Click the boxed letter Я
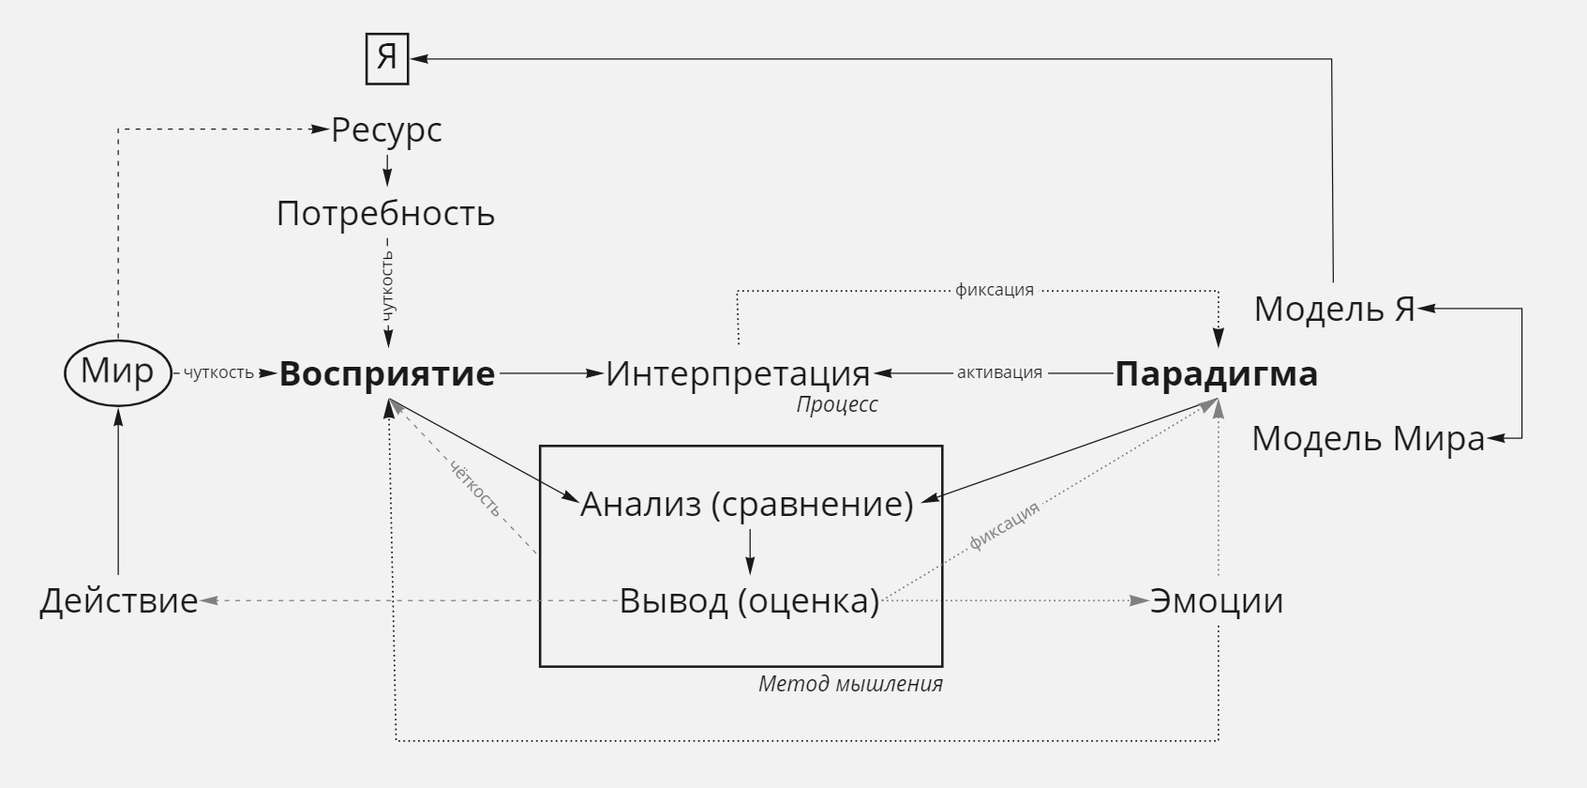[387, 59]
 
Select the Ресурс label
[387, 130]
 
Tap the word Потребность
[385, 214]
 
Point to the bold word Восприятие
[387, 374]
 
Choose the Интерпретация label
[738, 373]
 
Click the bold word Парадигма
[1217, 374]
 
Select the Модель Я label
[1335, 310]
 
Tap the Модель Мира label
[1368, 438]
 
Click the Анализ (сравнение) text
[747, 505]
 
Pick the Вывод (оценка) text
[750, 600]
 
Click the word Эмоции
[1217, 600]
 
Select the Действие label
[118, 600]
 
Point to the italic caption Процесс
[837, 404]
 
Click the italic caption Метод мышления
[850, 684]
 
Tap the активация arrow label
[999, 373]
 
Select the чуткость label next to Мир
[218, 373]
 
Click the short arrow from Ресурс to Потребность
[387, 170]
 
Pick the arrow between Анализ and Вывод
[750, 552]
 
